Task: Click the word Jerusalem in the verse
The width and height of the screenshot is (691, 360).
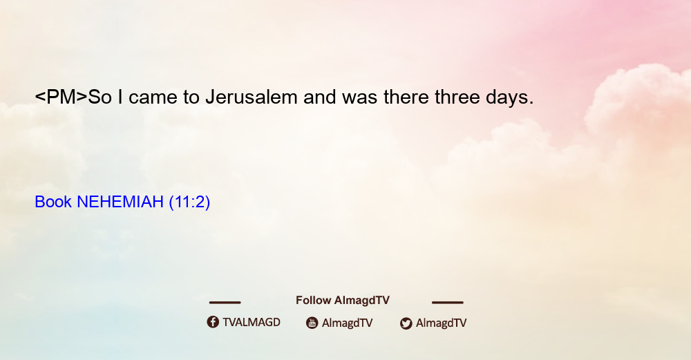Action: (252, 97)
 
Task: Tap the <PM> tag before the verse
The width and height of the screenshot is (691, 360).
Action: (61, 97)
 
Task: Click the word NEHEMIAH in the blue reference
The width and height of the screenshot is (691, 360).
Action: (120, 202)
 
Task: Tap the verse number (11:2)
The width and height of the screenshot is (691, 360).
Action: (189, 202)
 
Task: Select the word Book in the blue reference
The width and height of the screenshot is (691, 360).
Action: (53, 202)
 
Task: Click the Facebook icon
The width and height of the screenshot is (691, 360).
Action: (213, 322)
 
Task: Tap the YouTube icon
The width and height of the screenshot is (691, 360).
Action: (312, 323)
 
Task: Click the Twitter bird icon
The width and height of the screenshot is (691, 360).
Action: (406, 323)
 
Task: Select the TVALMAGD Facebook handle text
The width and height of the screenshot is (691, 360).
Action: (252, 322)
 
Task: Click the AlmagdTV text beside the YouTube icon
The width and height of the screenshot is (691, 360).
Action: (348, 323)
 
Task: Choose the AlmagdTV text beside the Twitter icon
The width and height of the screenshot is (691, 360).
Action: (441, 323)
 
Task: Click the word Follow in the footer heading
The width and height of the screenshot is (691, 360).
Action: (313, 300)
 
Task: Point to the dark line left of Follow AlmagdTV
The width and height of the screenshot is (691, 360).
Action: (225, 302)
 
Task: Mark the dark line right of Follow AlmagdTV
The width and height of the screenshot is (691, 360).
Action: (448, 302)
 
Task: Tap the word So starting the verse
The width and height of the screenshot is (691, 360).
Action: (100, 97)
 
